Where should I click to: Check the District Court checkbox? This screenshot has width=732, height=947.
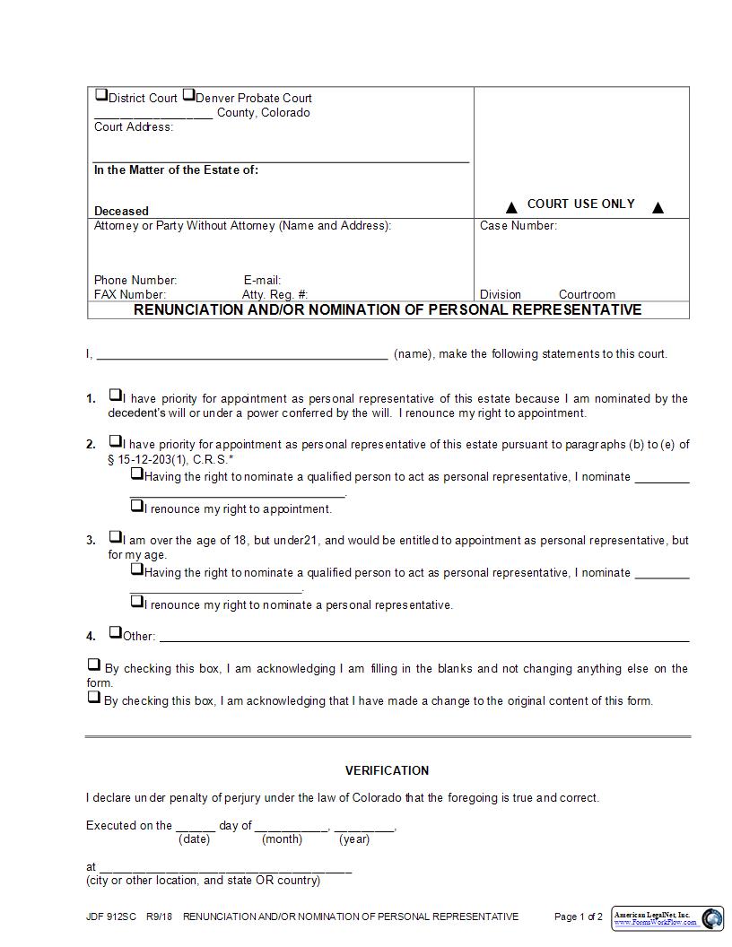100,95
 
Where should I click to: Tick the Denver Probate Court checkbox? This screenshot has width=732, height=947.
188,95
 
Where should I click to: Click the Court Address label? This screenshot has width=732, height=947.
133,127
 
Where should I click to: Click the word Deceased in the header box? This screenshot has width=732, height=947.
121,212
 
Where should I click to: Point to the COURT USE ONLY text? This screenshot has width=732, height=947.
580,204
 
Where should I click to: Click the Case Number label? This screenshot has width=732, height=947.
518,226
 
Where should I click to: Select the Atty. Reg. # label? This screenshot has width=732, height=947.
274,294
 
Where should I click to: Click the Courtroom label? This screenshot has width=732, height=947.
587,294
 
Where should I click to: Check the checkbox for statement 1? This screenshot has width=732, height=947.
115,395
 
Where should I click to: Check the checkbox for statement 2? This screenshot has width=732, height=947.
115,440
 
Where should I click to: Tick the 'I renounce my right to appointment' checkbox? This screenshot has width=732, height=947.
136,506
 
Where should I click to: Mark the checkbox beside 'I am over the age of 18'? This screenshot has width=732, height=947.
115,536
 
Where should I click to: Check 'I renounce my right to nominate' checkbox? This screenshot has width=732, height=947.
136,602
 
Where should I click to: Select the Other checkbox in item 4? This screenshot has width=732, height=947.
115,632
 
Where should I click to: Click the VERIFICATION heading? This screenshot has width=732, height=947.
387,770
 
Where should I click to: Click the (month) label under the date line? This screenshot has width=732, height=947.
282,839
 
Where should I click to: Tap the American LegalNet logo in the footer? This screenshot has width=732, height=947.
667,917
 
